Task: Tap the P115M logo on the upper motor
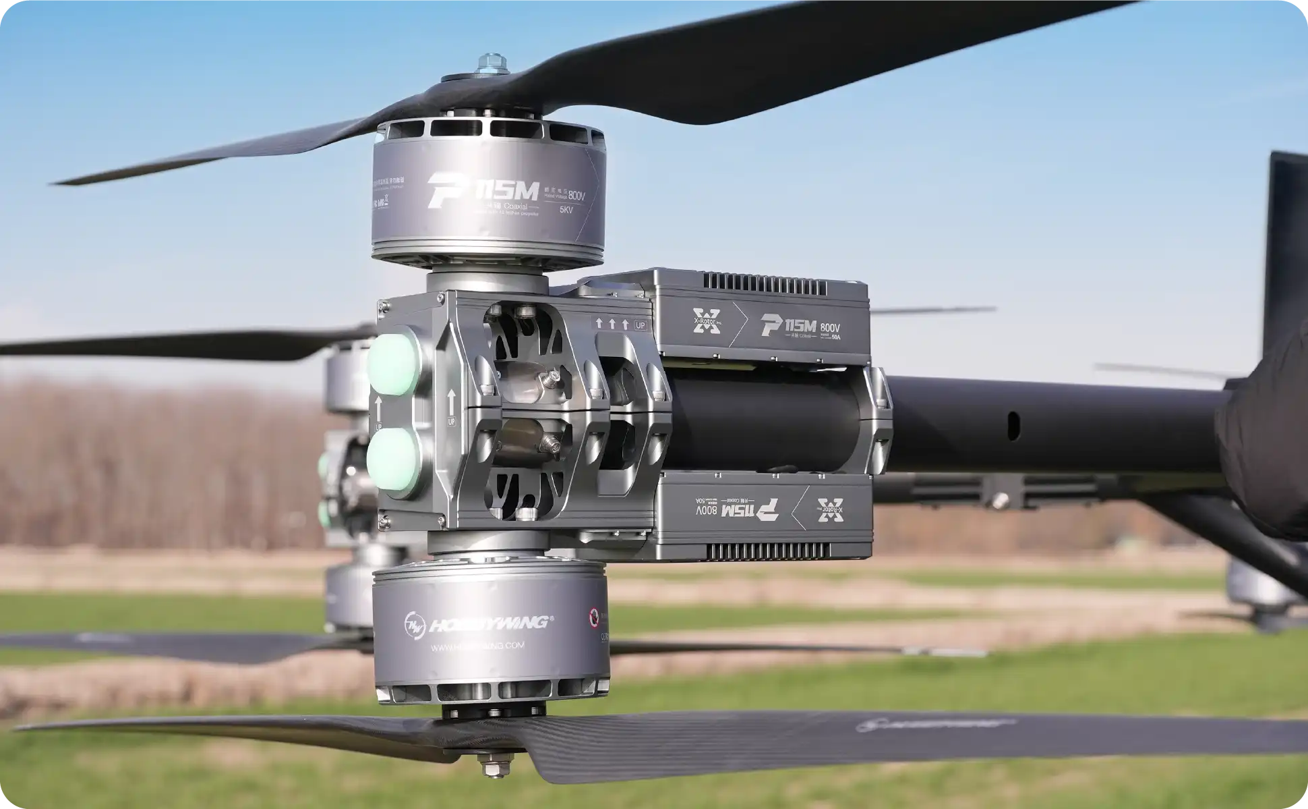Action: pyautogui.click(x=483, y=191)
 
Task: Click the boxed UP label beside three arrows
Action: pyautogui.click(x=640, y=325)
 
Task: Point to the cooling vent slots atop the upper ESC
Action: pyautogui.click(x=765, y=283)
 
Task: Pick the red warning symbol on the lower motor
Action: pyautogui.click(x=595, y=616)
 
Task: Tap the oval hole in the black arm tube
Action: pyautogui.click(x=1013, y=424)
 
